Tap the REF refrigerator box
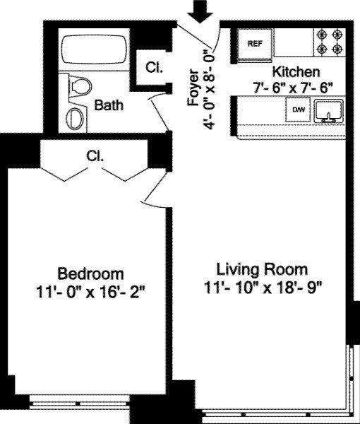pyautogui.click(x=255, y=42)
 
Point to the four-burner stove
pyautogui.click(x=329, y=42)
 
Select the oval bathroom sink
pyautogui.click(x=74, y=117)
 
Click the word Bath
pyautogui.click(x=109, y=105)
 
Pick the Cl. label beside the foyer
pyautogui.click(x=153, y=68)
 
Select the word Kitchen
pyautogui.click(x=296, y=72)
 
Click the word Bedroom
pyautogui.click(x=90, y=273)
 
